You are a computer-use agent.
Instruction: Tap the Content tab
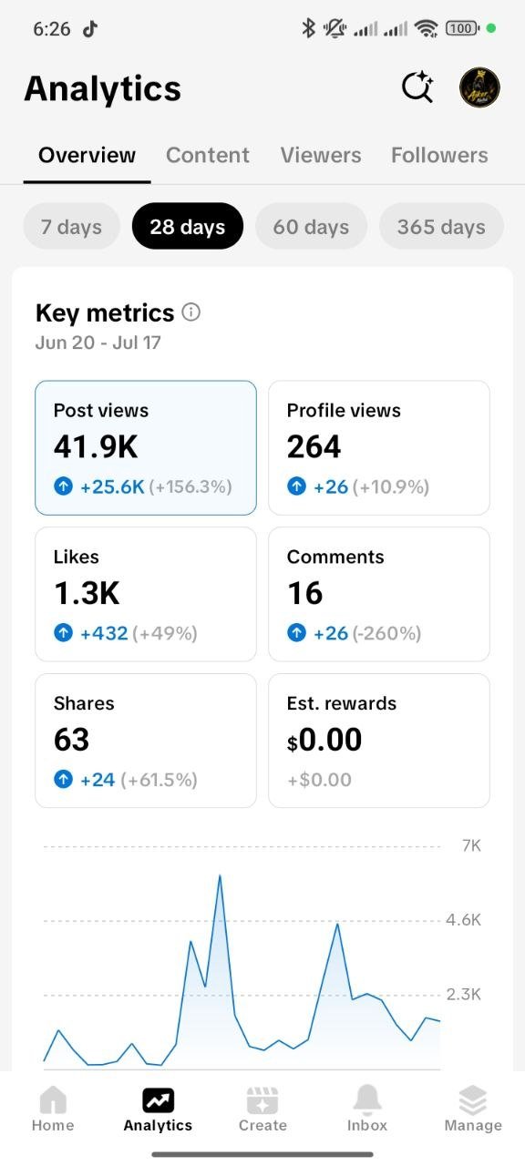[207, 155]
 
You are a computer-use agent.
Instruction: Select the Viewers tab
[321, 155]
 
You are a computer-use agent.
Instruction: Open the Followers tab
[439, 155]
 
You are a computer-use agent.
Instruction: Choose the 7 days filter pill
[71, 227]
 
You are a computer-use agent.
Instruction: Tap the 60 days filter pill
[311, 227]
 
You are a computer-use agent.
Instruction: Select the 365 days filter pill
[441, 227]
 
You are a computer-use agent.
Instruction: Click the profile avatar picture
[479, 87]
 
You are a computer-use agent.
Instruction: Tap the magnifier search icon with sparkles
[417, 87]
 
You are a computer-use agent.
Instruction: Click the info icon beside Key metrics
[190, 312]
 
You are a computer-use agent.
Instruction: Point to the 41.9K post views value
[96, 446]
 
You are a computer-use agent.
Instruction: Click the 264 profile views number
[314, 446]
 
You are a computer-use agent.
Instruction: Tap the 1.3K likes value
[87, 593]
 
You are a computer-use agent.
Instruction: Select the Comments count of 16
[305, 593]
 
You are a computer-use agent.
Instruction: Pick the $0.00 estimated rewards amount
[324, 740]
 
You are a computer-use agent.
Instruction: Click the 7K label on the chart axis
[471, 846]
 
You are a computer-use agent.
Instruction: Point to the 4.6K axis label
[464, 920]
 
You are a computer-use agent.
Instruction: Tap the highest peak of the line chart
[220, 876]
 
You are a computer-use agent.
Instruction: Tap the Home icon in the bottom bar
[53, 1099]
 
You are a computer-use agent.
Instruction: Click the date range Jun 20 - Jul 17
[98, 343]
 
